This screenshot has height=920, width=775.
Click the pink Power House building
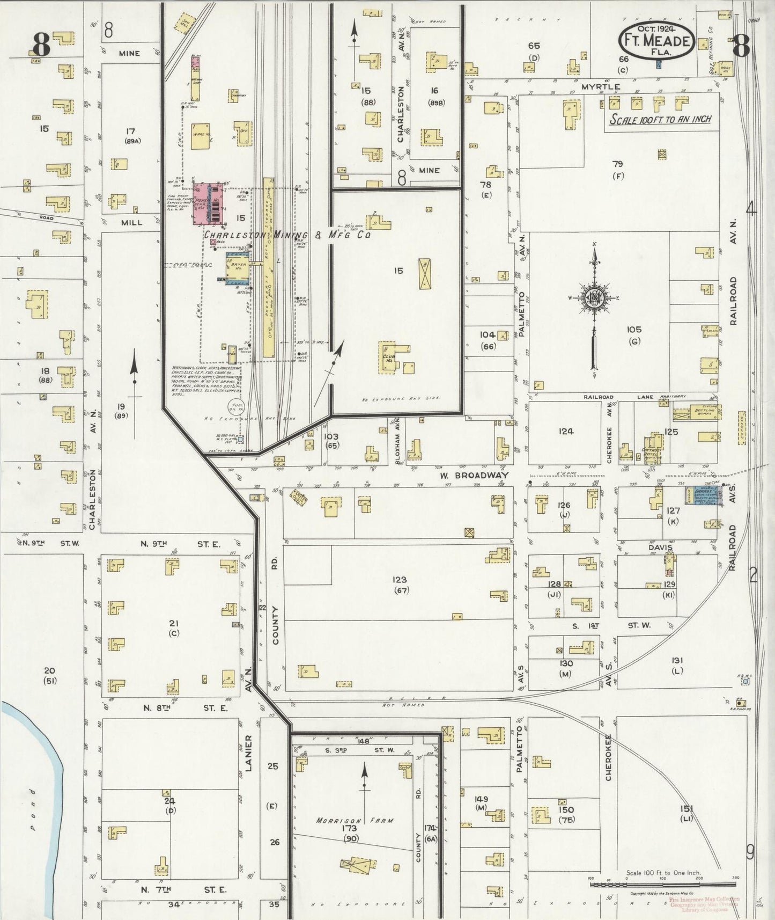point(209,203)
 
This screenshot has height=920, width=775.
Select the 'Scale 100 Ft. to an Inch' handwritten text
point(660,119)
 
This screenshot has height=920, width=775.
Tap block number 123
point(399,580)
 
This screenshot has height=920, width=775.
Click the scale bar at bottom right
point(663,883)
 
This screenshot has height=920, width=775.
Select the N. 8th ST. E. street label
point(185,708)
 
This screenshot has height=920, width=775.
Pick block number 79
point(618,164)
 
